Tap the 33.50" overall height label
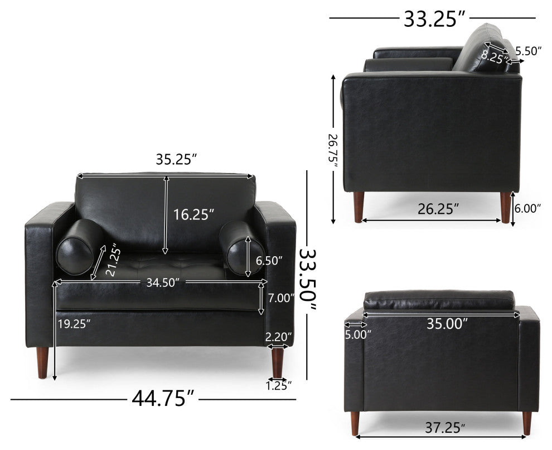click(x=308, y=280)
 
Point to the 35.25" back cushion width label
click(x=176, y=160)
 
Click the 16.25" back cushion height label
click(x=193, y=214)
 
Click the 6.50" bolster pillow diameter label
click(x=269, y=261)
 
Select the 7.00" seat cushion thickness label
click(x=281, y=298)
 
